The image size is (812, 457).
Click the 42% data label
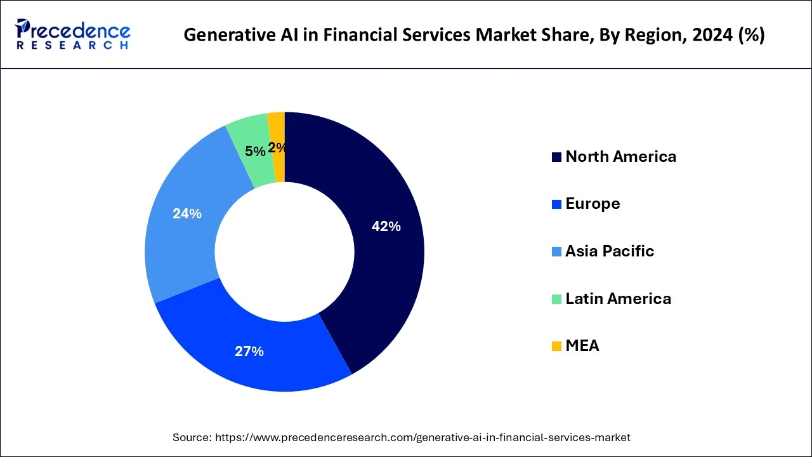tap(386, 227)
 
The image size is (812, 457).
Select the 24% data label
tap(187, 214)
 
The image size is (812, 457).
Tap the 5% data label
tap(255, 152)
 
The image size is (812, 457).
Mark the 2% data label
tap(277, 148)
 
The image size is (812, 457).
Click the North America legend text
tap(620, 157)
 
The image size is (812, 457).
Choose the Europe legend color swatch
tap(556, 204)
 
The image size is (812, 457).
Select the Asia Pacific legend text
tap(609, 251)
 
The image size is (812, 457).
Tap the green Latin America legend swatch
tap(556, 299)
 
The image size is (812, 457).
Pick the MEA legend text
tap(582, 346)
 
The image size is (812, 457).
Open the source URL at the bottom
tap(422, 437)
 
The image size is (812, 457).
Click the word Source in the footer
tap(192, 437)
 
